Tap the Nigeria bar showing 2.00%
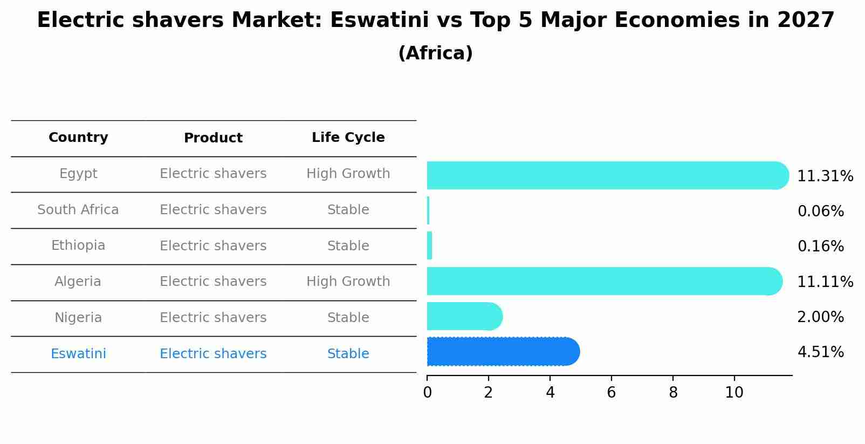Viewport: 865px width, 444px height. point(464,316)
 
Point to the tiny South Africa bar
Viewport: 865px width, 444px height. point(428,210)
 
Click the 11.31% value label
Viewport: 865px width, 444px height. point(825,176)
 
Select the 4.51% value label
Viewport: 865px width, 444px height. point(820,352)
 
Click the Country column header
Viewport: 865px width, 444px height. point(78,138)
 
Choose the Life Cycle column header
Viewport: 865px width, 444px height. point(348,138)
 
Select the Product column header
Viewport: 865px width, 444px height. point(213,138)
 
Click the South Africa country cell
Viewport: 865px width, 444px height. point(78,210)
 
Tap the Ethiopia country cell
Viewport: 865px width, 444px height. point(78,245)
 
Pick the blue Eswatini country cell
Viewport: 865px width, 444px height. point(78,354)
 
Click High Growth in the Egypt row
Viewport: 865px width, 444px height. point(348,174)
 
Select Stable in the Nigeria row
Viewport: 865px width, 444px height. point(348,318)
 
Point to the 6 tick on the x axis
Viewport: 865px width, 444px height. point(611,393)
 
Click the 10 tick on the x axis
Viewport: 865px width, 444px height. point(734,393)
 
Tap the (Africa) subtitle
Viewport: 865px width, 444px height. point(435,53)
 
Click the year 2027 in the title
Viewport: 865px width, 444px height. point(806,21)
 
